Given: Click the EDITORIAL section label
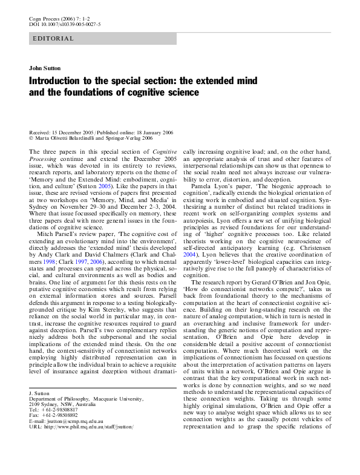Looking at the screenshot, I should click(52, 39).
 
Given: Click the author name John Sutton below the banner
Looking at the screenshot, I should click(43, 68).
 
